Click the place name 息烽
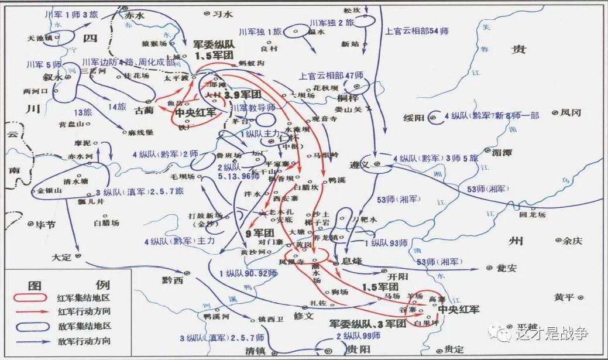(352, 262)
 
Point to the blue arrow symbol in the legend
(33, 341)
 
